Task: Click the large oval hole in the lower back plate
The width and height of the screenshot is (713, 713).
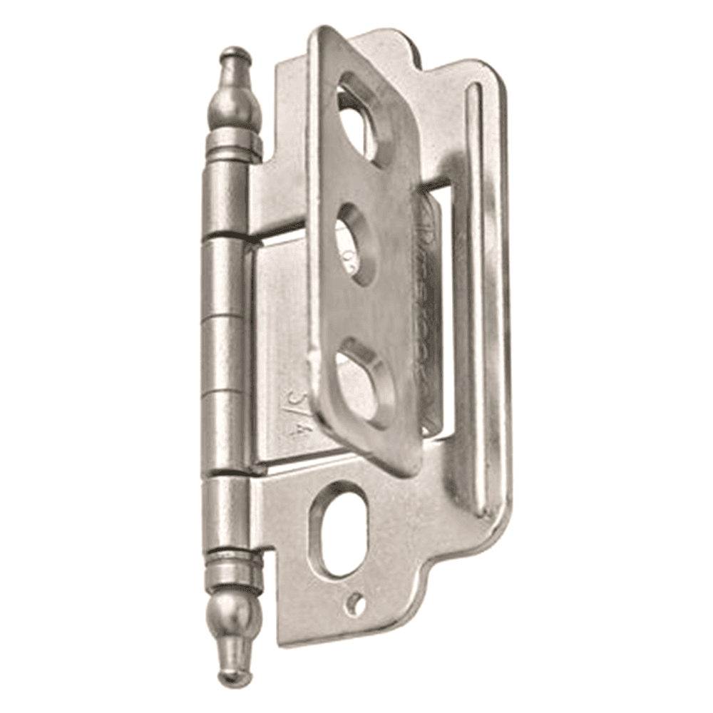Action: (x=339, y=528)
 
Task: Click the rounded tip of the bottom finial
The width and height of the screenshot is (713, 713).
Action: (x=232, y=676)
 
